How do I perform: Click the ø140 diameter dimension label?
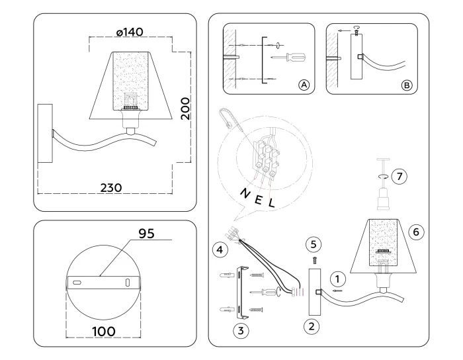click(130, 33)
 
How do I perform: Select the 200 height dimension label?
click(186, 108)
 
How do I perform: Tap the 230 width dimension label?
click(110, 187)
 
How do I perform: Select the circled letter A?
click(304, 85)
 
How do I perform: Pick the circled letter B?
click(407, 85)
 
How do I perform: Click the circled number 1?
click(337, 279)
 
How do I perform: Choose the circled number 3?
click(243, 329)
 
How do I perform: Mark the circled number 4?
click(220, 249)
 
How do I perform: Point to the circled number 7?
click(398, 176)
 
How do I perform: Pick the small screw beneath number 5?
click(316, 259)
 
